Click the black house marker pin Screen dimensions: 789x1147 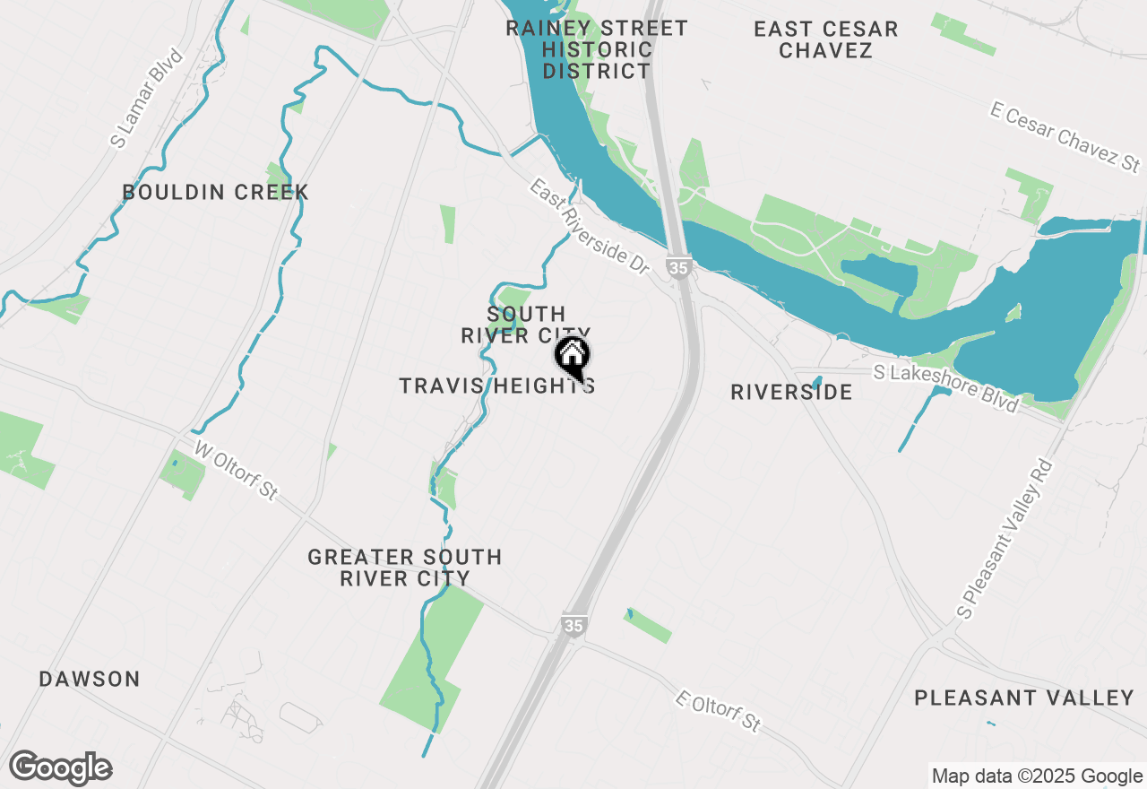[x=573, y=357]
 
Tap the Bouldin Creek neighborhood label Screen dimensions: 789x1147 [x=215, y=192]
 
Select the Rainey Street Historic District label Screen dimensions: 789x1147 [x=597, y=49]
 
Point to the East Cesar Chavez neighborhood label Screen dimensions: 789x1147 [x=825, y=39]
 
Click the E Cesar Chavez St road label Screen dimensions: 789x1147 [x=1065, y=137]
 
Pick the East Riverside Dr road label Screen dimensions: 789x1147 [x=588, y=227]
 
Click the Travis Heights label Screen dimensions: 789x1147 [x=496, y=386]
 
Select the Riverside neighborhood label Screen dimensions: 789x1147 [x=791, y=392]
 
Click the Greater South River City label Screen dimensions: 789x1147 [x=405, y=568]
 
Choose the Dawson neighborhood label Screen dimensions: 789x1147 [x=90, y=679]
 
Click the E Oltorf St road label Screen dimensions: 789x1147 [x=719, y=710]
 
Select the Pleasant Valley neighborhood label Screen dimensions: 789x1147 [x=1024, y=697]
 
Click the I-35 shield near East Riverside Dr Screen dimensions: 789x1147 [x=678, y=265]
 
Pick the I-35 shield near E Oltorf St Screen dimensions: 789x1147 [x=574, y=625]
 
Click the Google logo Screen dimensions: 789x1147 [x=60, y=767]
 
